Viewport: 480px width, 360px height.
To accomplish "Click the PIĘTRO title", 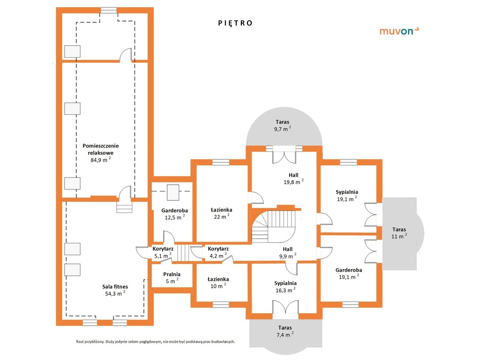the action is [235, 23].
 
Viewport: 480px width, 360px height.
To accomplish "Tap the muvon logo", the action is [399, 31].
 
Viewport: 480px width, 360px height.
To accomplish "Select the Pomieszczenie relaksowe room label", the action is [101, 150].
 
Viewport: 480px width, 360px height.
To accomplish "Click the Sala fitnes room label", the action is [115, 287].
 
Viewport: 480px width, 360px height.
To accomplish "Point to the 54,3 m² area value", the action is [115, 293].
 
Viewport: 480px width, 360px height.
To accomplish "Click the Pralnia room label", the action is [172, 274].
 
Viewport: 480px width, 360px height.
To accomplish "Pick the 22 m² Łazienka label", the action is [222, 213].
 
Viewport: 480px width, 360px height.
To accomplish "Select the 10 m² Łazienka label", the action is [218, 283].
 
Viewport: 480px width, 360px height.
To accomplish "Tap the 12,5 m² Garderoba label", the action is [175, 214].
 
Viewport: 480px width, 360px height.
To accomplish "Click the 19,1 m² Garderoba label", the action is [349, 273].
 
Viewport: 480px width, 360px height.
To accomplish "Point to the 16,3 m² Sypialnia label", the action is [285, 286].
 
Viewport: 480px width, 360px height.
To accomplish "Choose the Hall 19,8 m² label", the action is [293, 179].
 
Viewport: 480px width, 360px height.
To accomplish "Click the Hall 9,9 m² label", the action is [288, 253].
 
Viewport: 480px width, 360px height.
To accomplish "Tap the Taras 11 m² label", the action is [399, 232].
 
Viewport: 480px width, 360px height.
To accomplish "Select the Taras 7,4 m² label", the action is [285, 331].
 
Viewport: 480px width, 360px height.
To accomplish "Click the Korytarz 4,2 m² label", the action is [218, 252].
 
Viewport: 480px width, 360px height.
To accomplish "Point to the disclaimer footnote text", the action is [156, 342].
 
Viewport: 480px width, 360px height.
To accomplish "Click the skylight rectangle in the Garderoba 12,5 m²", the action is [173, 192].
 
